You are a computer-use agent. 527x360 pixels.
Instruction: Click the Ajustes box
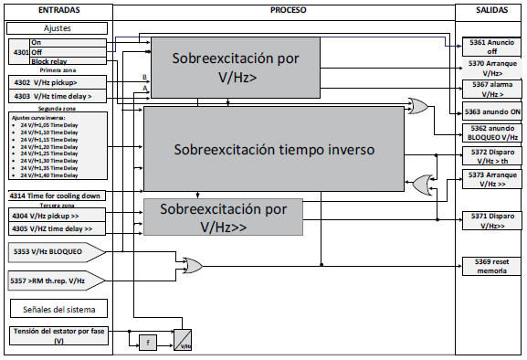pyautogui.click(x=58, y=28)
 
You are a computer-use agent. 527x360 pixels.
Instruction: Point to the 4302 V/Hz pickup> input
pyautogui.click(x=56, y=81)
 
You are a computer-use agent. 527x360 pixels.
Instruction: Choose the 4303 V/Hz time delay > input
pyautogui.click(x=56, y=95)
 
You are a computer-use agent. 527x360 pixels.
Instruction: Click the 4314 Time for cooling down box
pyautogui.click(x=56, y=196)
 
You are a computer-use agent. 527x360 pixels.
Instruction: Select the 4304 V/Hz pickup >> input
pyautogui.click(x=56, y=217)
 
